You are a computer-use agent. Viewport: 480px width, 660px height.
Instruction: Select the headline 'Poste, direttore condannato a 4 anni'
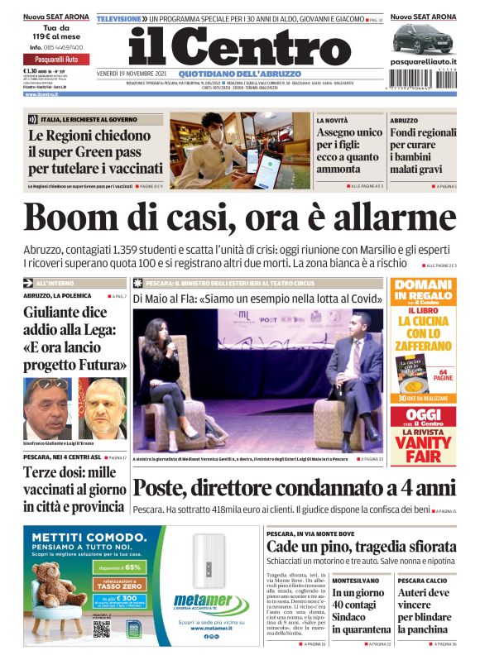tap(294, 488)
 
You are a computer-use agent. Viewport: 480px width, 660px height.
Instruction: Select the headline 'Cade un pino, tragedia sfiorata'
tap(361, 547)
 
